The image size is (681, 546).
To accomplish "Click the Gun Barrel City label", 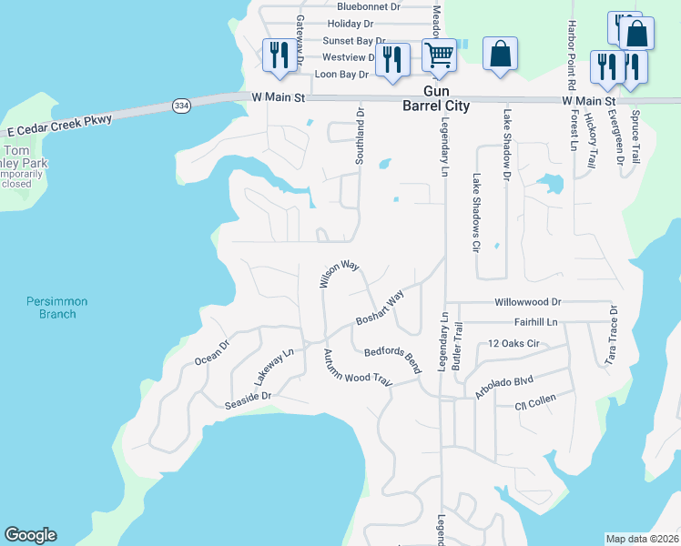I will tap(435, 98).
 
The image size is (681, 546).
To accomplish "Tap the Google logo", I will tap(30, 535).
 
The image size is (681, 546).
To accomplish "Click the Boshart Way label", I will tap(380, 309).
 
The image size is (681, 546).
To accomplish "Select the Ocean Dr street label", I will tap(211, 350).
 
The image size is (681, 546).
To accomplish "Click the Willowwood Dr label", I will tap(528, 301).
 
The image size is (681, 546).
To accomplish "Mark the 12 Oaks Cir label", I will tap(514, 343).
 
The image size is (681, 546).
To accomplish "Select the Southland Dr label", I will tap(361, 137).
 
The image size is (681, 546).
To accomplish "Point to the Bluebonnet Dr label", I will tap(369, 6).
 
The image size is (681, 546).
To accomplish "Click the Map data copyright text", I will tap(642, 539).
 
